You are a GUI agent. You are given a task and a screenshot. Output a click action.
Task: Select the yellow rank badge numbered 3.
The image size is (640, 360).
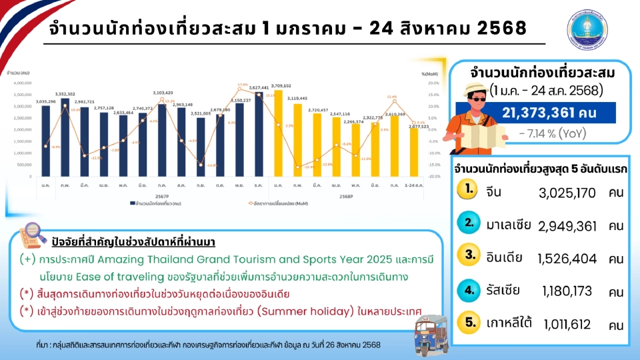[x=470, y=255]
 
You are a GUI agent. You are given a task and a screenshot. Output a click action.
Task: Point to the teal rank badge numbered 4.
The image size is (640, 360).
[x=470, y=289]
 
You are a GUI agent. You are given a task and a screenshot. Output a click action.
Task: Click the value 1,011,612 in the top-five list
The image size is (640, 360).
[x=567, y=325]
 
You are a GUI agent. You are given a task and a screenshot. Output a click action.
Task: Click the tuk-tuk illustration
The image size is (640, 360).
[x=432, y=327]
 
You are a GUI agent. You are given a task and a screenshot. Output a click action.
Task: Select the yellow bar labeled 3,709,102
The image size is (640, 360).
[x=278, y=137]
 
